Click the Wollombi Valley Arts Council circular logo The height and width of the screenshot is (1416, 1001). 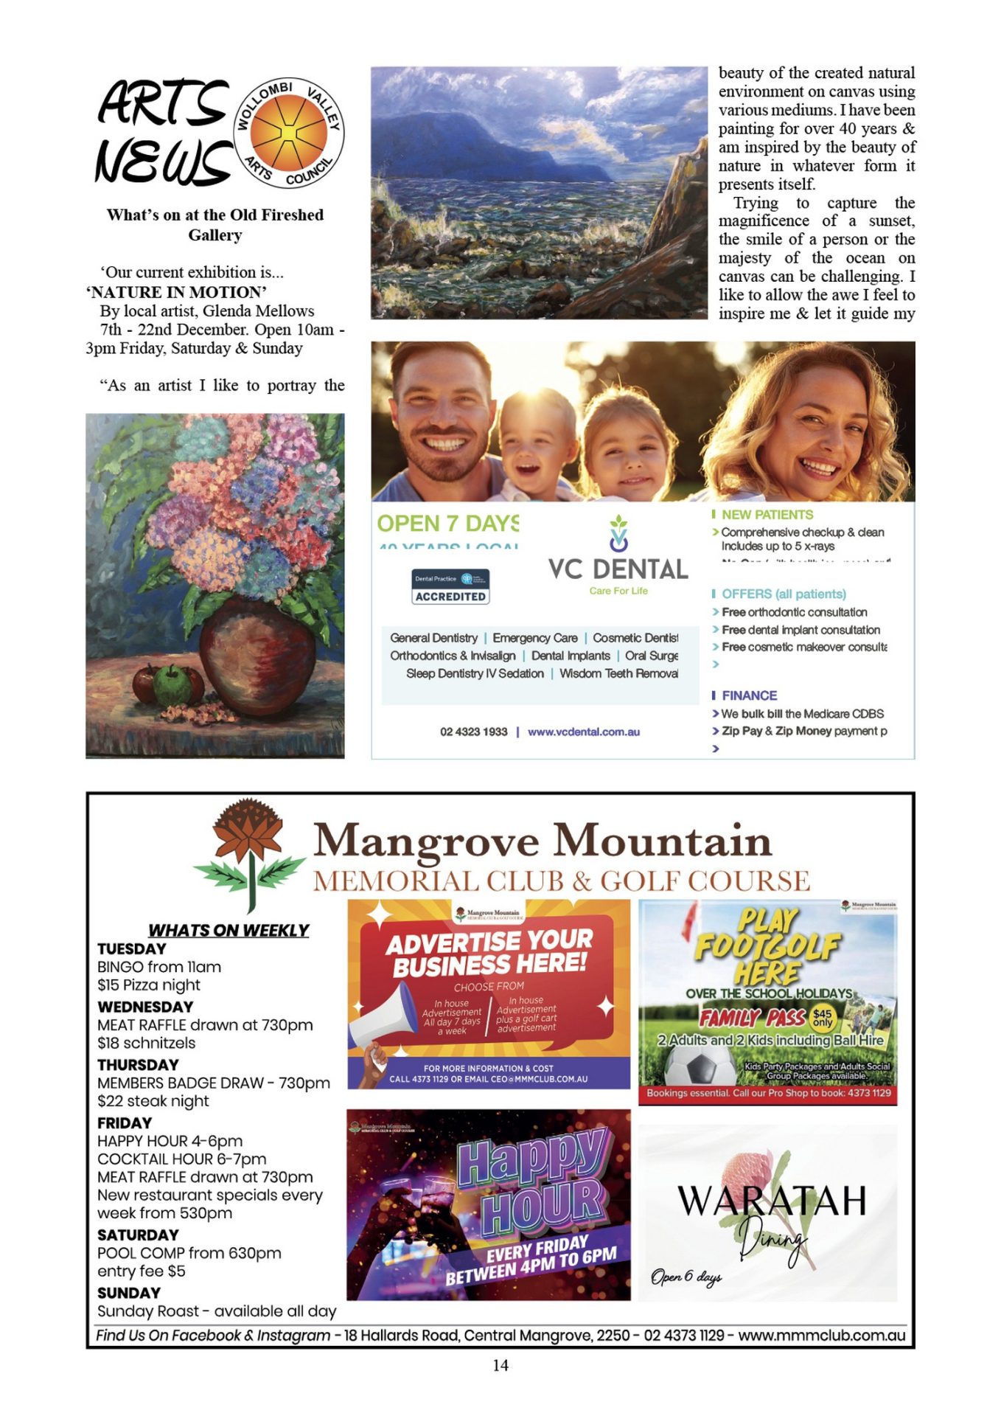(289, 133)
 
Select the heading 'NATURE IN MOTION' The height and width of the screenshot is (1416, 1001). (177, 292)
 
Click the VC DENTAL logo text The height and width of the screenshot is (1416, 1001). (618, 569)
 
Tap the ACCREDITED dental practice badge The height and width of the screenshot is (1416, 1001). (450, 588)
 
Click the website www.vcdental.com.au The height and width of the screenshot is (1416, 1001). (583, 732)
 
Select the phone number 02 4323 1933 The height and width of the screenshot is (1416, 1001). (473, 732)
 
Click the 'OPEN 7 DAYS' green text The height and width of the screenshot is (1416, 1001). (447, 524)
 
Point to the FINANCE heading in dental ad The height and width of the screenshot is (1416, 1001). (749, 695)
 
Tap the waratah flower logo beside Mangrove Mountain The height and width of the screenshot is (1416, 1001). (248, 853)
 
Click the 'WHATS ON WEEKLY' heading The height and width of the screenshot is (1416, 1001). (229, 931)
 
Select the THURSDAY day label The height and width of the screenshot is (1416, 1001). (138, 1065)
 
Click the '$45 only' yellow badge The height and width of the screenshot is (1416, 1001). (822, 1018)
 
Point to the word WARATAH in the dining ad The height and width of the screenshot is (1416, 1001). (771, 1201)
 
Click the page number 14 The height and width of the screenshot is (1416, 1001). (501, 1366)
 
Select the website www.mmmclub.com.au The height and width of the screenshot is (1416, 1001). (821, 1336)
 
